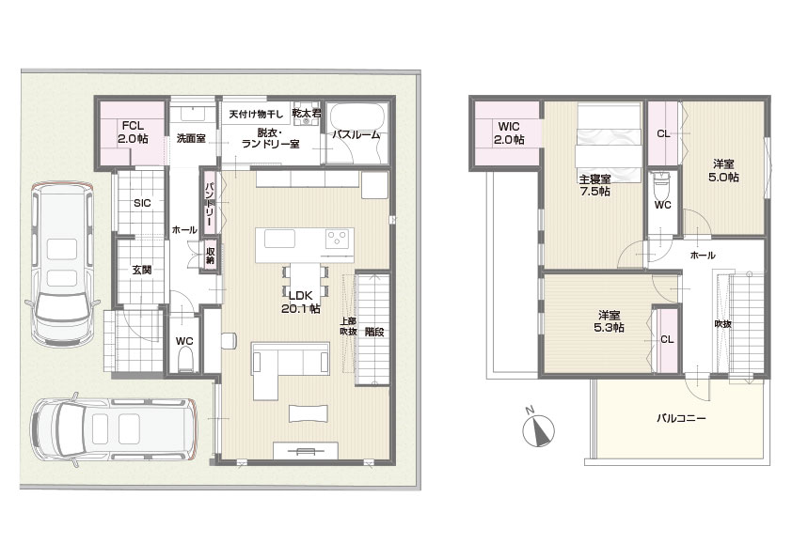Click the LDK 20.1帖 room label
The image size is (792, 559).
pyautogui.click(x=301, y=303)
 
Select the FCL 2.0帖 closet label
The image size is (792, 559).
pyautogui.click(x=133, y=132)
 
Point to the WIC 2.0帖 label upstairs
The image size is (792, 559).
pyautogui.click(x=509, y=133)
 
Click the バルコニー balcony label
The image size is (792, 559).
pyautogui.click(x=681, y=418)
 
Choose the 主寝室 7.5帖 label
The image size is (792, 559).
pyautogui.click(x=594, y=185)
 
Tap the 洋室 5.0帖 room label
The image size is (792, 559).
pyautogui.click(x=723, y=171)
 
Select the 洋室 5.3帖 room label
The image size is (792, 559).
pyautogui.click(x=610, y=321)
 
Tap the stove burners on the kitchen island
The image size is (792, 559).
pyautogui.click(x=338, y=238)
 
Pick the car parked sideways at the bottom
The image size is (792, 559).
pyautogui.click(x=113, y=428)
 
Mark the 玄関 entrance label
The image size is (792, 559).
pyautogui.click(x=142, y=270)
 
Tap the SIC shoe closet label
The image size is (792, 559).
pyautogui.click(x=142, y=203)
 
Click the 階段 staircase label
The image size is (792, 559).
pyautogui.click(x=374, y=332)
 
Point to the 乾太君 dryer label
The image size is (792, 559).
pyautogui.click(x=307, y=114)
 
